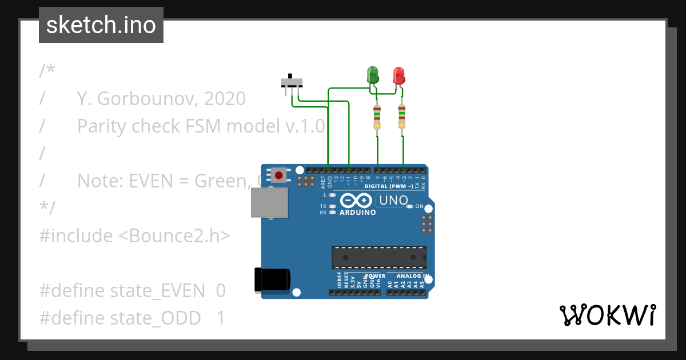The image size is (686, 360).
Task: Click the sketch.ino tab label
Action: (x=101, y=25)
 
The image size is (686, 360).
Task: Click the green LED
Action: (x=372, y=75)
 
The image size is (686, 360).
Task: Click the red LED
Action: (x=399, y=75)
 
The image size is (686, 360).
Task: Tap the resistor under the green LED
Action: (x=376, y=117)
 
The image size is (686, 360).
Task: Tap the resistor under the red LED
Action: (x=402, y=117)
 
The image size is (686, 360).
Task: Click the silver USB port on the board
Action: (x=269, y=203)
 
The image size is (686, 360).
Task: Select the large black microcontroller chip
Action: (x=379, y=257)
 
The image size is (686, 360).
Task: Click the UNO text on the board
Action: (x=394, y=201)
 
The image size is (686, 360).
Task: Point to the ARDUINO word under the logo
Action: (x=358, y=213)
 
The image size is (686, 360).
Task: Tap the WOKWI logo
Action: (x=607, y=315)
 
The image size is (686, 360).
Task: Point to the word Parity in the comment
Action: (x=102, y=126)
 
